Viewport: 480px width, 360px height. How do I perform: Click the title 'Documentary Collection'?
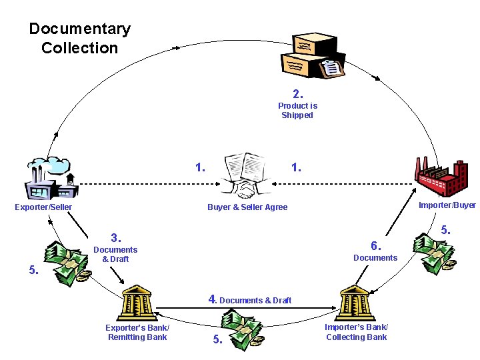click(79, 39)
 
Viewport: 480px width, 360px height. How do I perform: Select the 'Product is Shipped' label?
click(297, 111)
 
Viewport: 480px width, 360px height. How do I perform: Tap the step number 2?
click(297, 93)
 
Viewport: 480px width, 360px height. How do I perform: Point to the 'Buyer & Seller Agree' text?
click(247, 207)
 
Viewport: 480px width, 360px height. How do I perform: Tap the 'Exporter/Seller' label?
click(43, 207)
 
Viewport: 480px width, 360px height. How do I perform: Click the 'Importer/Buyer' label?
click(447, 205)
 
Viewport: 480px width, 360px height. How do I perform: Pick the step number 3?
click(115, 238)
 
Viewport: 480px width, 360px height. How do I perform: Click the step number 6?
click(375, 245)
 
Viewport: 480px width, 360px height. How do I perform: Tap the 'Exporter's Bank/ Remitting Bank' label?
click(137, 333)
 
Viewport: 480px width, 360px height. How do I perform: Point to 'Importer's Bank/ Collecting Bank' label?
click(356, 332)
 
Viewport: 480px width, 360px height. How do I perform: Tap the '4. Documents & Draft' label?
click(250, 300)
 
